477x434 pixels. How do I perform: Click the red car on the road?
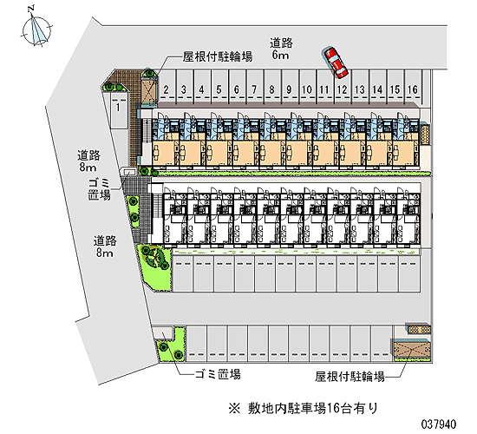pos(335,62)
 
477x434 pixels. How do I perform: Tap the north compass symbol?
pos(36,30)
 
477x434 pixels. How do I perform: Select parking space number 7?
pos(254,87)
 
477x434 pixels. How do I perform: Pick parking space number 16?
pos(413,87)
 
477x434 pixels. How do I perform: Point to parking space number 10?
pos(307,87)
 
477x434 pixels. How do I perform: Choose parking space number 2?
pos(167,87)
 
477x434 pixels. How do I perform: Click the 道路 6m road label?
pos(281,49)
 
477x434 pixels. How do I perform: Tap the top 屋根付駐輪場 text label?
pos(218,56)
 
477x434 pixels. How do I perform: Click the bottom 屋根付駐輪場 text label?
pos(350,377)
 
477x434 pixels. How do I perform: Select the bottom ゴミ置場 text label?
pos(218,374)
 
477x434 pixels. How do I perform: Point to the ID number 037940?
pos(438,424)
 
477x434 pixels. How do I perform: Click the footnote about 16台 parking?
pos(304,408)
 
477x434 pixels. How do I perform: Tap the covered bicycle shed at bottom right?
pos(411,350)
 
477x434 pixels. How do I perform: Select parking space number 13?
pos(360,87)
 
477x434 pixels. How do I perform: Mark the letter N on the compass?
pos(31,9)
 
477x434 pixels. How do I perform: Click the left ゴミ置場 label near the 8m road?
pos(99,189)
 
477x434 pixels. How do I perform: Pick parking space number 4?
pos(201,87)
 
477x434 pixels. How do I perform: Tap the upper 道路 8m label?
pos(88,161)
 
